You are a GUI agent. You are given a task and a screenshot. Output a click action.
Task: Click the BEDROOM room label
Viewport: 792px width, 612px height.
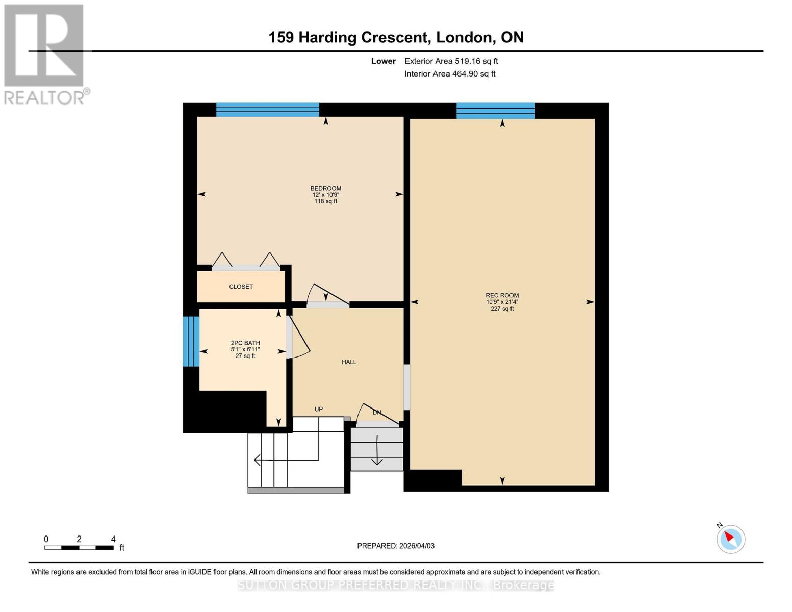(x=326, y=189)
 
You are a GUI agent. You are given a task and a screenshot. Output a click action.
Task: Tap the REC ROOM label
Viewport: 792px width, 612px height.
(x=502, y=296)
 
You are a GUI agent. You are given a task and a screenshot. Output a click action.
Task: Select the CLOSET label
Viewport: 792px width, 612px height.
(x=241, y=287)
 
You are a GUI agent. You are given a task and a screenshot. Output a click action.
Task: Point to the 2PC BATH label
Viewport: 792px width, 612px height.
(x=245, y=343)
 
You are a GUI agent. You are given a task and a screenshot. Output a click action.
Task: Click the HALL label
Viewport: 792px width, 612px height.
(x=349, y=362)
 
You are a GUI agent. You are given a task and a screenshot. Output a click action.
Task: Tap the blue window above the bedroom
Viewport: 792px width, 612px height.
(x=267, y=110)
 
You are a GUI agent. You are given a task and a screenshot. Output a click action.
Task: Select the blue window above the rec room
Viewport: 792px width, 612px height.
(x=495, y=110)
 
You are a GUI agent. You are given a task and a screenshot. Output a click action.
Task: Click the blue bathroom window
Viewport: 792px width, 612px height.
(x=191, y=341)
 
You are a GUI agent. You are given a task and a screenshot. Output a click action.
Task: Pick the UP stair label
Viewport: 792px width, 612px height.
(x=319, y=409)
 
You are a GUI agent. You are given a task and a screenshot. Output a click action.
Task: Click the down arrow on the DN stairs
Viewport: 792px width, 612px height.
(x=377, y=451)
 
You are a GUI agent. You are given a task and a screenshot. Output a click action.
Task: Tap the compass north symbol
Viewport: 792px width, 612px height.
(x=730, y=539)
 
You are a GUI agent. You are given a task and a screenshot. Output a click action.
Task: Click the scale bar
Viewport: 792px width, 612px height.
(x=79, y=548)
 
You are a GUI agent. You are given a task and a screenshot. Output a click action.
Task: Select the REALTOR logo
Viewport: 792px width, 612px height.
(x=45, y=54)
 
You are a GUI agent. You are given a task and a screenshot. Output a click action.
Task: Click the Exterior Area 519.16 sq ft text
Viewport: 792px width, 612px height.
(x=451, y=61)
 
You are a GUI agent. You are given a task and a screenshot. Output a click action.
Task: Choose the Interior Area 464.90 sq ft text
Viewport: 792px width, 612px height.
(x=450, y=74)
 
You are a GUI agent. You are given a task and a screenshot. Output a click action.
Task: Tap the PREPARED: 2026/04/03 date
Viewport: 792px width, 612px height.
(x=396, y=546)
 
